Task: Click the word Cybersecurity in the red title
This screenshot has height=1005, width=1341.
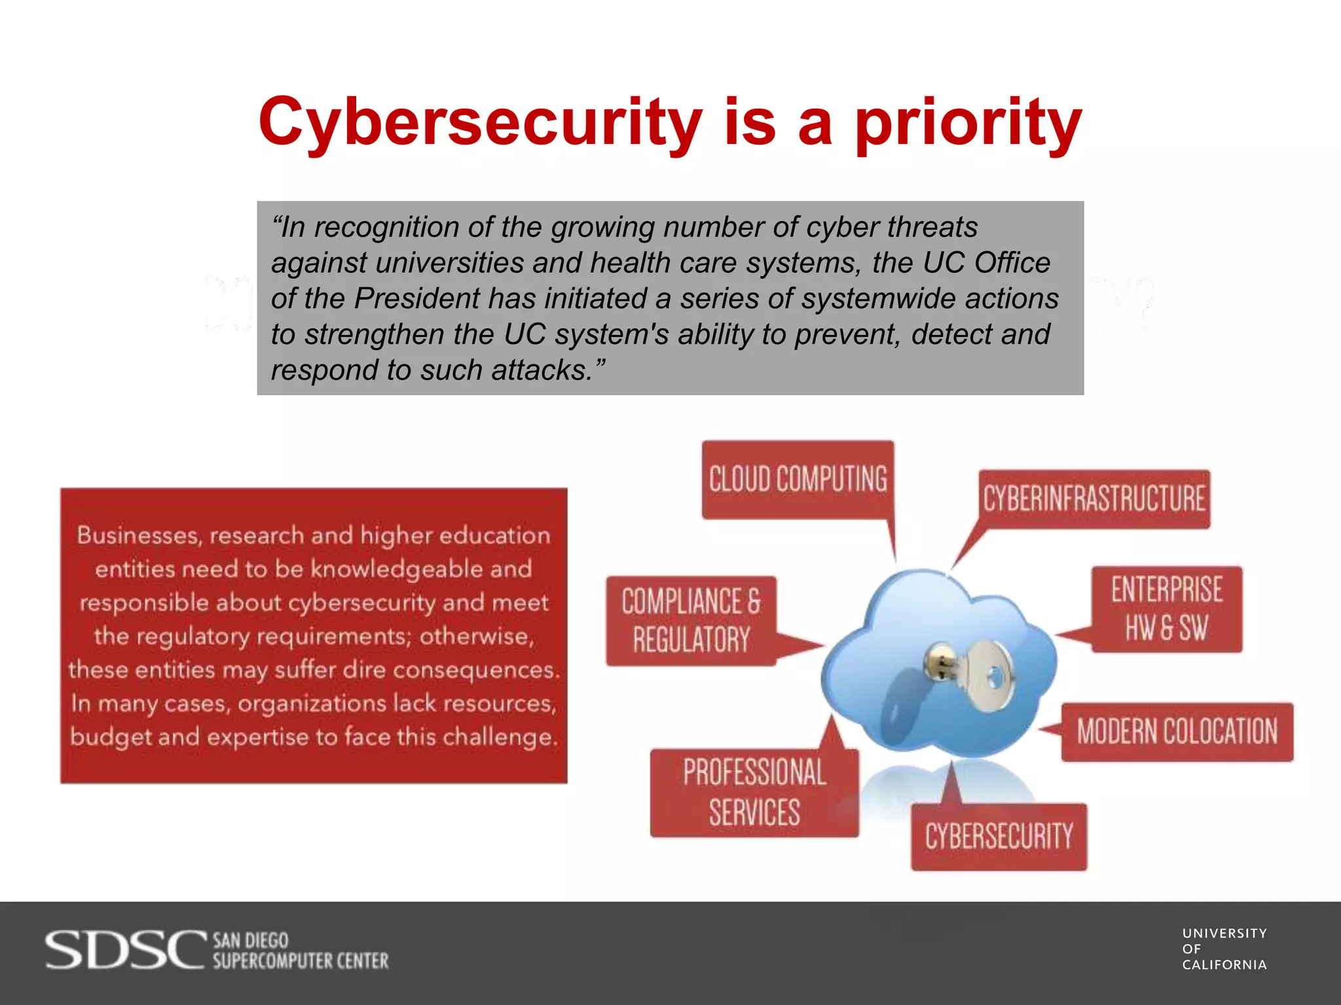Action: (480, 122)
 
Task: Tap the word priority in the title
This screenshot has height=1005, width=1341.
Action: (968, 122)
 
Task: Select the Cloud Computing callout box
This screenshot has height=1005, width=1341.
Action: (798, 479)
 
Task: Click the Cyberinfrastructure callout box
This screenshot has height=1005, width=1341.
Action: (1093, 499)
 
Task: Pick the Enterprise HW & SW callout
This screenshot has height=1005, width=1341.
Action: (1166, 608)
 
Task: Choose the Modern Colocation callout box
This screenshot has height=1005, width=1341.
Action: (1177, 732)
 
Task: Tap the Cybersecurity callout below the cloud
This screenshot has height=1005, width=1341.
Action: (999, 837)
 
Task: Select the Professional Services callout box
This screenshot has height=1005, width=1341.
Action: (754, 792)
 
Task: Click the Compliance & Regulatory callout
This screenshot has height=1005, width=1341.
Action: (691, 620)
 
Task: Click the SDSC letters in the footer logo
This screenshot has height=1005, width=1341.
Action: (124, 950)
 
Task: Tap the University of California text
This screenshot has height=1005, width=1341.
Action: (1224, 949)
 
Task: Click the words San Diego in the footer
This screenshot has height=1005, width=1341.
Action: (251, 940)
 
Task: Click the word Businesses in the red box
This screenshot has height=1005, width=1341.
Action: (139, 536)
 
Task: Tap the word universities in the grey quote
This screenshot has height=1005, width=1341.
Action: (449, 263)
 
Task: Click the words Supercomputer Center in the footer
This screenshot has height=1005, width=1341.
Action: (301, 961)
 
